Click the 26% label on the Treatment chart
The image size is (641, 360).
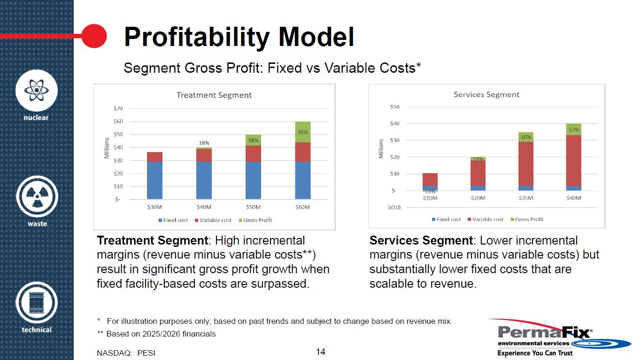302,132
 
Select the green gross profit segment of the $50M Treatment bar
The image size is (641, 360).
253,140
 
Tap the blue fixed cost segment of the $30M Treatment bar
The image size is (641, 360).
154,180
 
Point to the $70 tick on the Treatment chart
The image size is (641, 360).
118,108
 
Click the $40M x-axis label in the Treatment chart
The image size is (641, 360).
204,207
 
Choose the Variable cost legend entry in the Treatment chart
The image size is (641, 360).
213,220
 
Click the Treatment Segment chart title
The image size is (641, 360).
214,95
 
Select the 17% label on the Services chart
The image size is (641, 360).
573,130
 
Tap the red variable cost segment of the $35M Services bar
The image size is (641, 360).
525,164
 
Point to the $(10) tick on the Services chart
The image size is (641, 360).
394,207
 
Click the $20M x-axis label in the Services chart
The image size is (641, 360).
478,198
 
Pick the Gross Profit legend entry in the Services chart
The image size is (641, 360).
527,219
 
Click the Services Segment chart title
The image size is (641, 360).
487,94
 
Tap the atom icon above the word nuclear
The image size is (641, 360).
37,91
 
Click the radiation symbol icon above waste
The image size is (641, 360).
37,197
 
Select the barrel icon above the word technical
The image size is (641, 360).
37,302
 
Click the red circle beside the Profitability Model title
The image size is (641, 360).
94,36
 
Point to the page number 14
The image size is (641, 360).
320,352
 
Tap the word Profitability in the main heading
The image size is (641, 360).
197,38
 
